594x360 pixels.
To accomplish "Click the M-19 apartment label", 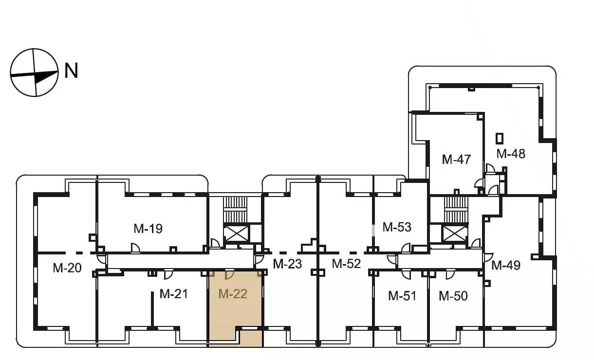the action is coord(148,229).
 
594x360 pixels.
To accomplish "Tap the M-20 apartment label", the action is coord(67,268).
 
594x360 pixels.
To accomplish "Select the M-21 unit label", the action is coord(174,294).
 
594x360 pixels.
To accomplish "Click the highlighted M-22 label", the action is coord(233,294).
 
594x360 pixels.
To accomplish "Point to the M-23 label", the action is coord(287,264).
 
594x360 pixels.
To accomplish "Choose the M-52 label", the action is coord(346,264).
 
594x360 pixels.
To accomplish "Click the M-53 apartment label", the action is coord(397,227).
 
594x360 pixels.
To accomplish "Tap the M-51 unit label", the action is coord(402,296).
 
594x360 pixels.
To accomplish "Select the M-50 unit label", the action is coord(453,296).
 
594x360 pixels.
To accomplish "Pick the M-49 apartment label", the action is coord(506,265).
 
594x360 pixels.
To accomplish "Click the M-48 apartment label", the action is coord(511,154).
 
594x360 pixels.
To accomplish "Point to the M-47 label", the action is coord(456,160).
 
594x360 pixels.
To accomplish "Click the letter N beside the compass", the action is coord(72,71).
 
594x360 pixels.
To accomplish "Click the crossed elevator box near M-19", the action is coord(236,233).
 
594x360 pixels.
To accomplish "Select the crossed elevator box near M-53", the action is coord(455,233).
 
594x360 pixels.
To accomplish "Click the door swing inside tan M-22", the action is coord(230,275).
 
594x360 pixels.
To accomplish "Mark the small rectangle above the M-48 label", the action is coord(500,139).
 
